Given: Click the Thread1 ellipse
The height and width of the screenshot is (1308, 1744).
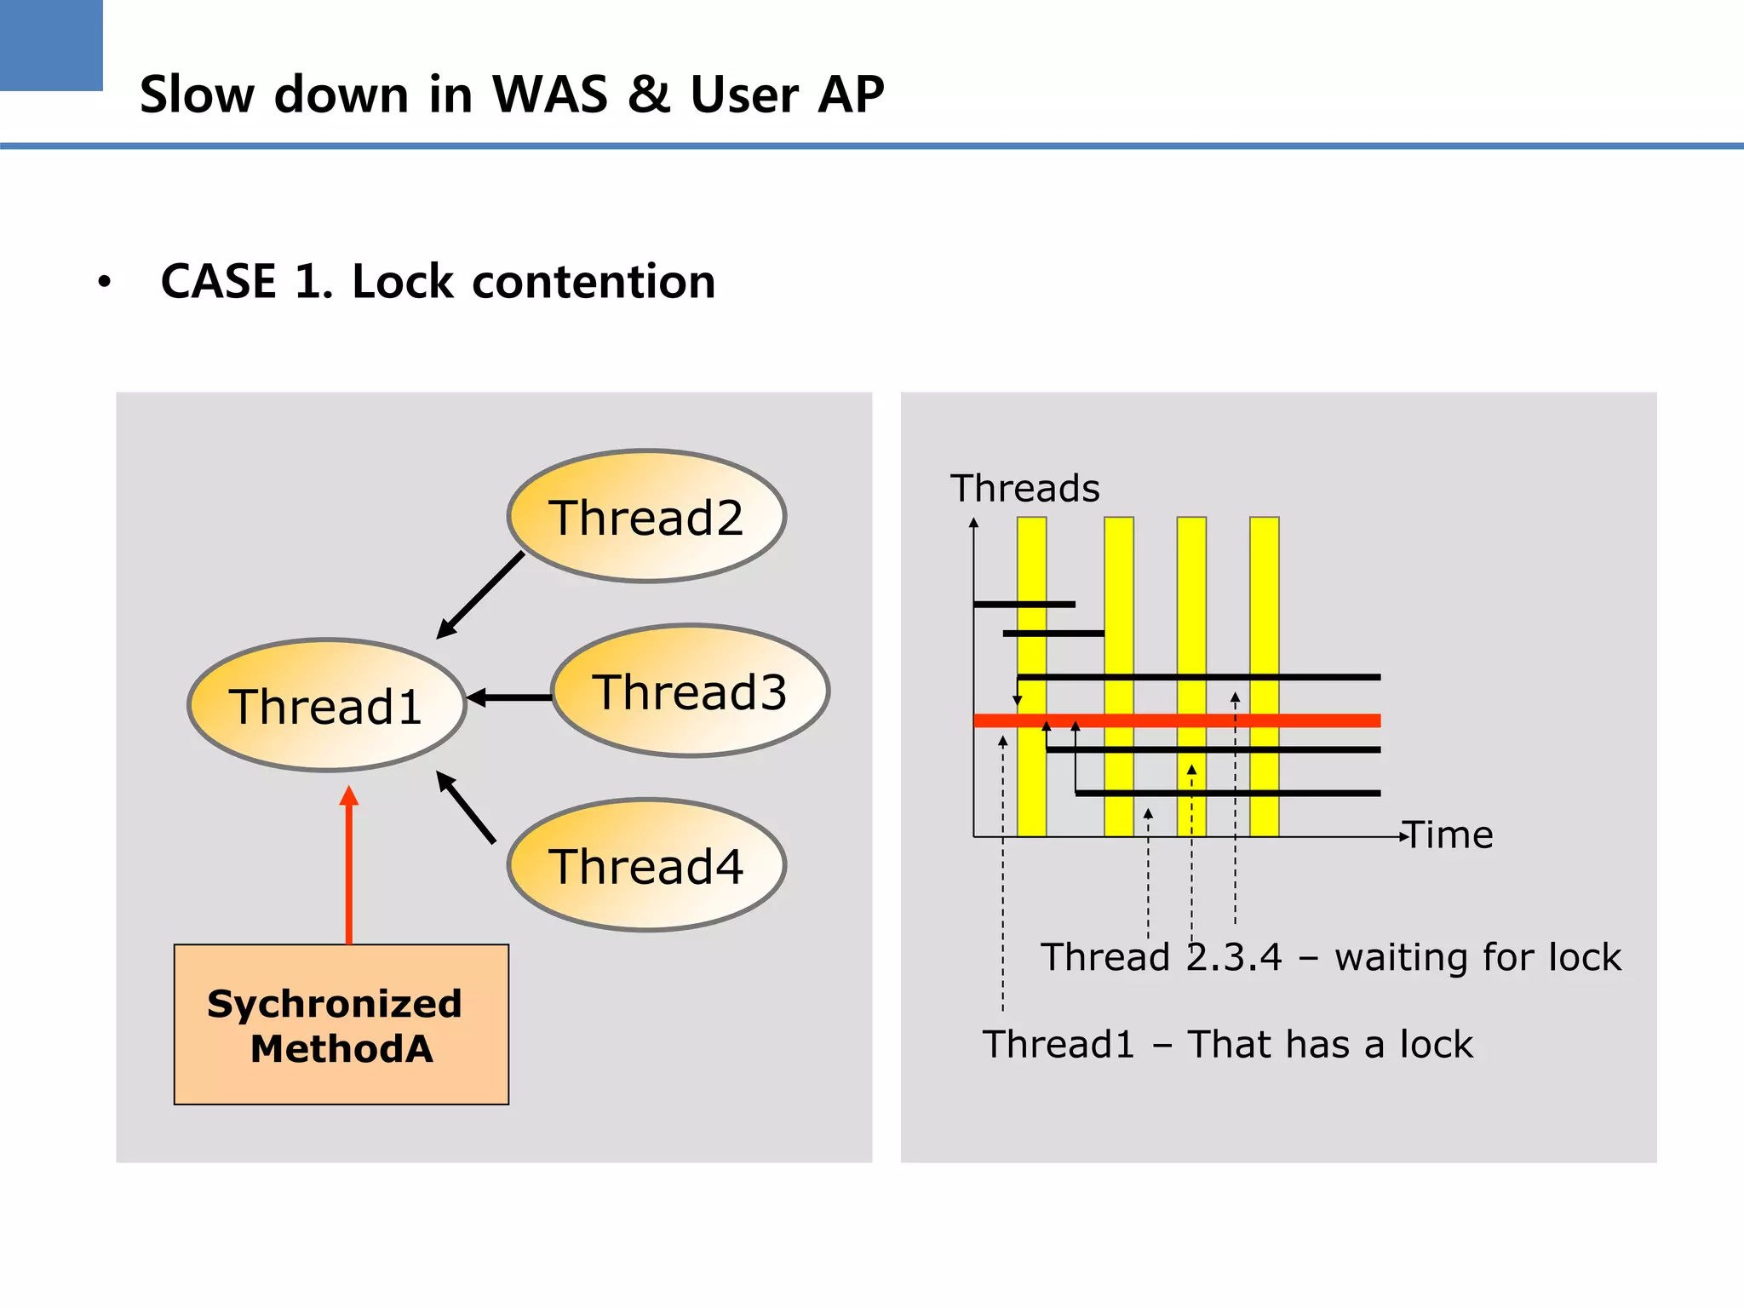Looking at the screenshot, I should coord(326,705).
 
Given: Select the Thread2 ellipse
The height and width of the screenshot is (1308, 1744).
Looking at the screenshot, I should coord(646,516).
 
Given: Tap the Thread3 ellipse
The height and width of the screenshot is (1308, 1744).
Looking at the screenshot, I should coord(690,691).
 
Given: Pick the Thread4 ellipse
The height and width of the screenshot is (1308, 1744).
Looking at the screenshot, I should coord(646,865).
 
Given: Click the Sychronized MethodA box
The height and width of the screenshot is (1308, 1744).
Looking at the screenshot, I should coord(341,1024).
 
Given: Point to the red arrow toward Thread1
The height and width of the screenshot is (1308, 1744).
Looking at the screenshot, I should coord(348,869).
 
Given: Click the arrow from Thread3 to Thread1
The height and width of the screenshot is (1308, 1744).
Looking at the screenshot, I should coord(511,697).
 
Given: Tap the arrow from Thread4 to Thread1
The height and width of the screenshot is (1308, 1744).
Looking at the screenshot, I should coord(467,807).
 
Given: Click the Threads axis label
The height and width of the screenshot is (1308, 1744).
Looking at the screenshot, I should coord(1024,489).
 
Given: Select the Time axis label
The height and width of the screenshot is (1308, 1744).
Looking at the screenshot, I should coord(1450,835).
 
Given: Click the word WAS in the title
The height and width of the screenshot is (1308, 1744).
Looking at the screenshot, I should coord(550,94).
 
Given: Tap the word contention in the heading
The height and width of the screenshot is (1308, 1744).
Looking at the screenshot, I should coord(594,282).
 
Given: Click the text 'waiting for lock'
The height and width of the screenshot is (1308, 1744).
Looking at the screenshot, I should coord(1477,957).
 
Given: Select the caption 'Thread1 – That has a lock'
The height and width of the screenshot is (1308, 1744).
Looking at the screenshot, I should coord(1227,1044).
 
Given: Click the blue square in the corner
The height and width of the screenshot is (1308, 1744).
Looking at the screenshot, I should coord(51,44).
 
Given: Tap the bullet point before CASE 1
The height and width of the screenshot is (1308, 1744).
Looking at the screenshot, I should coord(104,282).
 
